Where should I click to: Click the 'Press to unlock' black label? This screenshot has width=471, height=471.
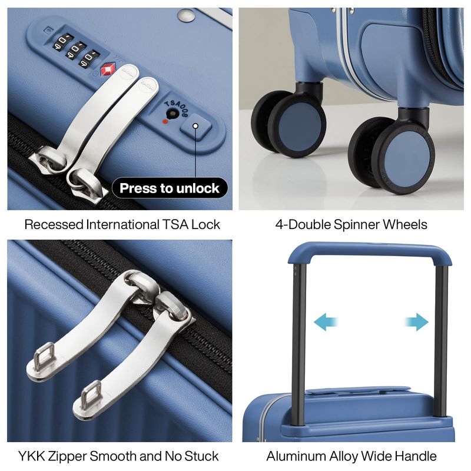[x=170, y=188]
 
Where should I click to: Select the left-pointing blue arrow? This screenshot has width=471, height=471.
[x=326, y=321]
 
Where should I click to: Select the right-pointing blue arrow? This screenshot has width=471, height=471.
[x=417, y=321]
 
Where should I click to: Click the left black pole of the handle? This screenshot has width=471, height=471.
[x=299, y=344]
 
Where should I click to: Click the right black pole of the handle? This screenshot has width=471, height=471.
[x=440, y=341]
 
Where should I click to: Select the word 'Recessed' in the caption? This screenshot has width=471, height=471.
[x=54, y=224]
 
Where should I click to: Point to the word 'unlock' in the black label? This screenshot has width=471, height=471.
[x=198, y=188]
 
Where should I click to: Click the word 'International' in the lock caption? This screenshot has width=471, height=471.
[x=122, y=224]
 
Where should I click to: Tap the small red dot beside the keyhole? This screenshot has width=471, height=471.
[x=165, y=121]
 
